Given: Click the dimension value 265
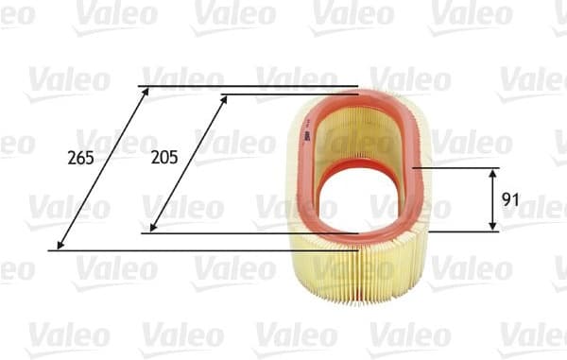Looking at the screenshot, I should pyautogui.click(x=81, y=158).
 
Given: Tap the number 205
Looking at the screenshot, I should pyautogui.click(x=164, y=158).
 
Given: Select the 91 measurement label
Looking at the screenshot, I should pyautogui.click(x=510, y=199).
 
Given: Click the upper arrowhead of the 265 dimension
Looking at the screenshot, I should pyautogui.click(x=146, y=91).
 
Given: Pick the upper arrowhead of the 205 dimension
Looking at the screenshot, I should pyautogui.click(x=225, y=98).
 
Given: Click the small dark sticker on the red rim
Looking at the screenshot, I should pyautogui.click(x=308, y=136).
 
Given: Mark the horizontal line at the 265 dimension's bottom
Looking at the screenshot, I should pyautogui.click(x=189, y=250).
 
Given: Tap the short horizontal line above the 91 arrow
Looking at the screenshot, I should pyautogui.click(x=463, y=169).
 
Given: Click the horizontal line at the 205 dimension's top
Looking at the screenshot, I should pyautogui.click(x=283, y=94).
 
